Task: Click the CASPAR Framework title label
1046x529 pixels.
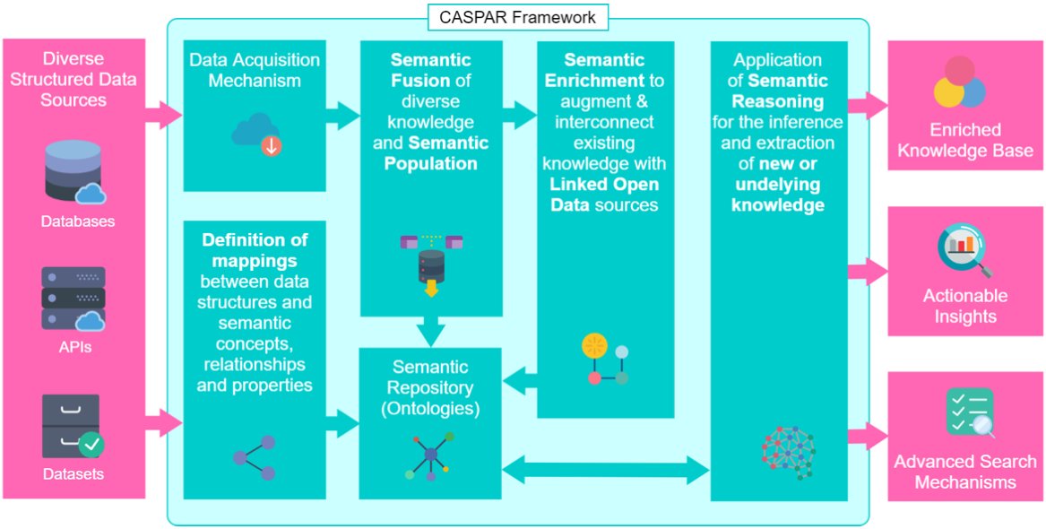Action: tap(517, 17)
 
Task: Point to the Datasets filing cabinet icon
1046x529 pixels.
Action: tap(73, 426)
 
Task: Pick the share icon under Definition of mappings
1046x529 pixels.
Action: tap(255, 458)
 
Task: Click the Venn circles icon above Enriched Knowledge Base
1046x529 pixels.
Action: tap(959, 83)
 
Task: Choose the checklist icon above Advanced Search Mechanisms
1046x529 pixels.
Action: tap(970, 413)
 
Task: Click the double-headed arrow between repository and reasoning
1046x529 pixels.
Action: tap(605, 471)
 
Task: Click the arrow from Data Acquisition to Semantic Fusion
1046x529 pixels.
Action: tap(343, 115)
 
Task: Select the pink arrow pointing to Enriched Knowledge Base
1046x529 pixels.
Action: tap(868, 104)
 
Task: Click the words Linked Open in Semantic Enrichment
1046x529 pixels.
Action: tap(605, 186)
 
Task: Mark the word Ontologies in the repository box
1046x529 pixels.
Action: tap(429, 407)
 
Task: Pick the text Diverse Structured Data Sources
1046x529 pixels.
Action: tap(73, 80)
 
